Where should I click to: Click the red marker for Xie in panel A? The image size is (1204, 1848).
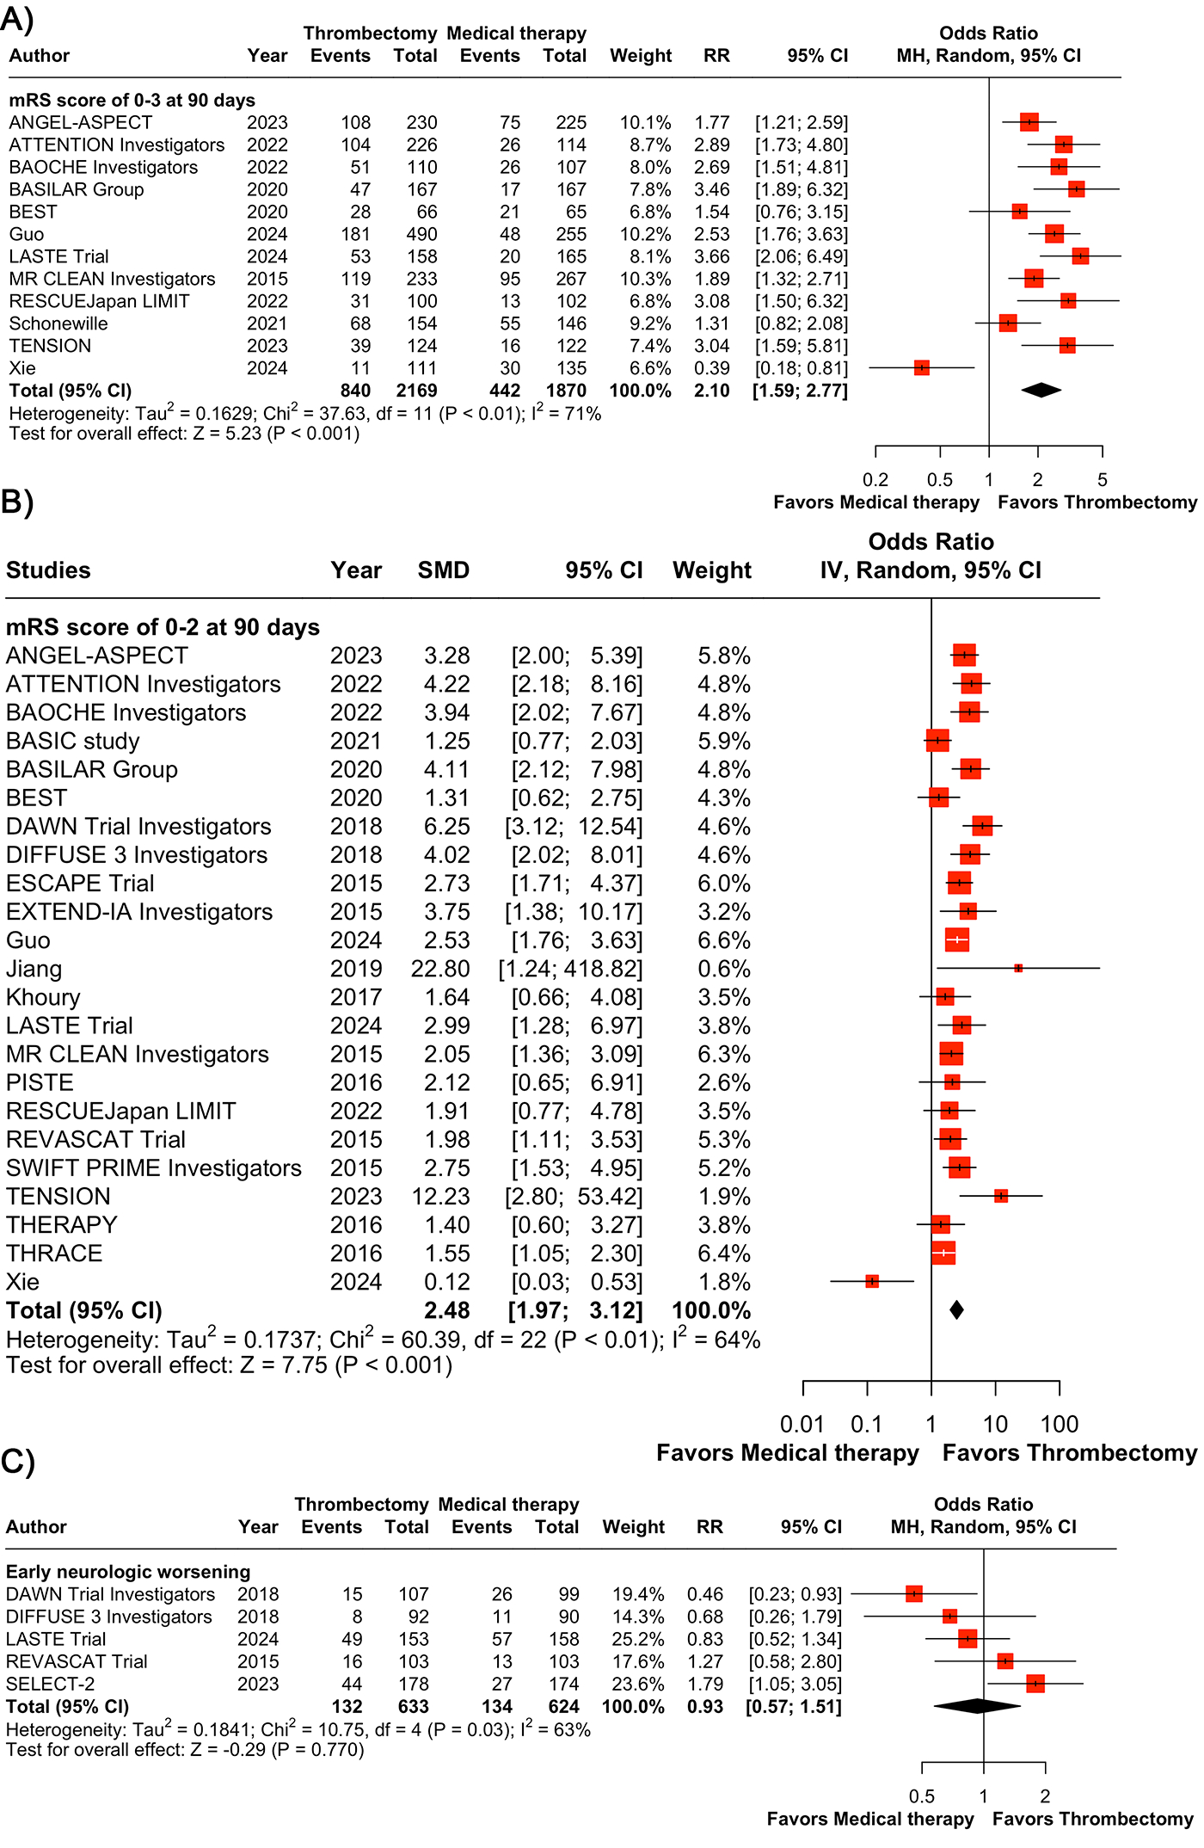[x=922, y=368]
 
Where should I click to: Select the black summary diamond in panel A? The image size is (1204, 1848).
[x=1041, y=391]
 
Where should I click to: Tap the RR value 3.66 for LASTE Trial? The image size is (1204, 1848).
[x=712, y=256]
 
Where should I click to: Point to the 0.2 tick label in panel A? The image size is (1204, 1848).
[x=875, y=480]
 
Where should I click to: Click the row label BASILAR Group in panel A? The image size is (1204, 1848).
[x=77, y=189]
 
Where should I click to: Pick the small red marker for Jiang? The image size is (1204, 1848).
[x=1018, y=969]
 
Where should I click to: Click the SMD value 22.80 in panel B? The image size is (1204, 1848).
[x=440, y=969]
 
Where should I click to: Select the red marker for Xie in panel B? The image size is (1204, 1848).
[x=872, y=1282]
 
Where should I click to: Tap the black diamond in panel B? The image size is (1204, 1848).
[x=956, y=1310]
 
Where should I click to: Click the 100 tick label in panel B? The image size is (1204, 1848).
[x=1060, y=1425]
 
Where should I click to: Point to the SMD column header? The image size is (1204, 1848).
[x=444, y=570]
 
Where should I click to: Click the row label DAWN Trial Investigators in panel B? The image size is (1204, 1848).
[x=138, y=827]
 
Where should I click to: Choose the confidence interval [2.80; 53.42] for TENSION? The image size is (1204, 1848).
[x=574, y=1197]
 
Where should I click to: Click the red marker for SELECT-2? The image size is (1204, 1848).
[x=1035, y=1684]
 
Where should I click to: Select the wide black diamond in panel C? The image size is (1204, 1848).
[x=977, y=1706]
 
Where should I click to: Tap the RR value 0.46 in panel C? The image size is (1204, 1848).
[x=705, y=1594]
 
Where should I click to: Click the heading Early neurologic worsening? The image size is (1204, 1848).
[x=128, y=1572]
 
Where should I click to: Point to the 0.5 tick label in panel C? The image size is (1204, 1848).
[x=922, y=1796]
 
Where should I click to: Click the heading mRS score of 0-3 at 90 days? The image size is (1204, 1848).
[x=132, y=100]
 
